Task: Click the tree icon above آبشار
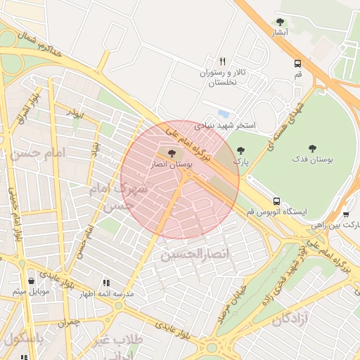pos(281,22)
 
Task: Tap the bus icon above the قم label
pos(298,63)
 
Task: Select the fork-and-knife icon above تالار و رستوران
pos(223,61)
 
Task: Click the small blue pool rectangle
pos(224,113)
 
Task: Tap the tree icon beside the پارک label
pos(242,150)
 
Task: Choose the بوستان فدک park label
pos(314,160)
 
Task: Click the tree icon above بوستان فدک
pos(312,148)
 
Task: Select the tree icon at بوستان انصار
pos(172,153)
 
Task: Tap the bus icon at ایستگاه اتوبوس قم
pos(276,200)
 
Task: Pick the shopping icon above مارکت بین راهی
pos(347,213)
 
